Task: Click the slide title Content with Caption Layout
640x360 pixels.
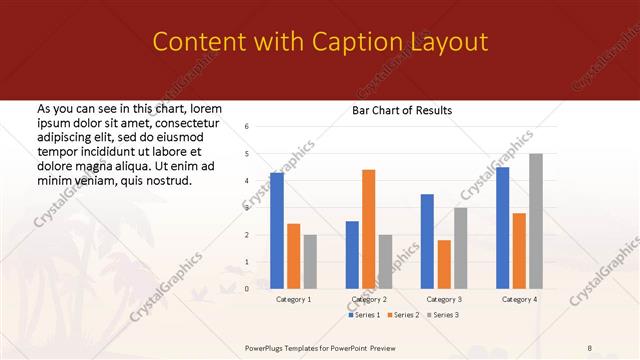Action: [320, 42]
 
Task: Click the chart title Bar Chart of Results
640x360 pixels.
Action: [402, 110]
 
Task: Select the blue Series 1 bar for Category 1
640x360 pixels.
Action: [276, 230]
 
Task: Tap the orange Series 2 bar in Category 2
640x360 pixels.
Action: [368, 229]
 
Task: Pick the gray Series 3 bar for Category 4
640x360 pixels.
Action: [536, 221]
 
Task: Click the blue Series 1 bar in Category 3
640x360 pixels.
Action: [427, 241]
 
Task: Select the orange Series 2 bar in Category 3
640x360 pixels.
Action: [444, 264]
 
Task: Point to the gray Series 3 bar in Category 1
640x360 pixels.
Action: [310, 261]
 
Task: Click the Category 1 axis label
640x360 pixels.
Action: [293, 299]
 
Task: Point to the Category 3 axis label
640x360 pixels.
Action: [444, 299]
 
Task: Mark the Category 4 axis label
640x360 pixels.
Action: [519, 299]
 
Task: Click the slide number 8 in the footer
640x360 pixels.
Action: [590, 347]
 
